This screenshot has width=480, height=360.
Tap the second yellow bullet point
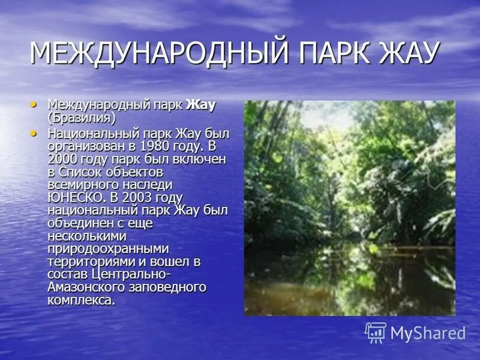point(35,132)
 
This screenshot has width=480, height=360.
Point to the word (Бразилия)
point(81,118)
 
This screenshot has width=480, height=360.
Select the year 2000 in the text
point(62,158)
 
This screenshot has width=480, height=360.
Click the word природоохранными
point(108,249)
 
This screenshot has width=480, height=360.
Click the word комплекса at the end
point(80,301)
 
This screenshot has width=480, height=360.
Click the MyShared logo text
point(428,333)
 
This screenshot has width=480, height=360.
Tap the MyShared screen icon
point(376,332)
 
